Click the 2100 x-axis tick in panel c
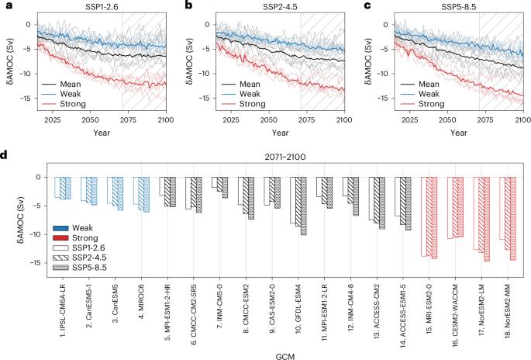click(x=521, y=121)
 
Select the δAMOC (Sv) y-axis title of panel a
click(x=9, y=61)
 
